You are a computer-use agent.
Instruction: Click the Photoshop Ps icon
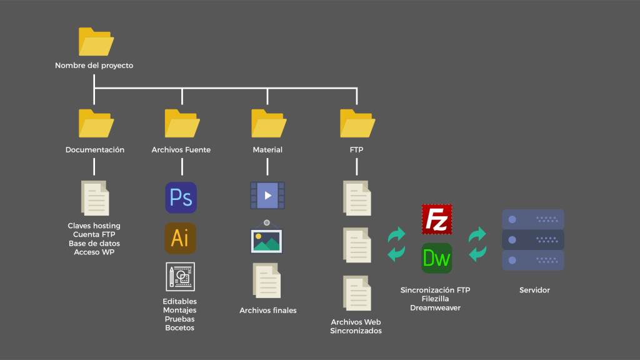(181, 197)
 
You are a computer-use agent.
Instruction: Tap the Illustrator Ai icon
(180, 238)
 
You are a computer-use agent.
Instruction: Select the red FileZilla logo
(437, 219)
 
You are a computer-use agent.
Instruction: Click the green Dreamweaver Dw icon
(437, 258)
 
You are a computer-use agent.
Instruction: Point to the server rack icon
(533, 240)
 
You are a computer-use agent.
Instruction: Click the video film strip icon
(267, 196)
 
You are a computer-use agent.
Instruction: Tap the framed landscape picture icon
(267, 237)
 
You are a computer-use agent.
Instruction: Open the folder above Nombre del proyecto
(96, 42)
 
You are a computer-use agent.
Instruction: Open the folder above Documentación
(96, 123)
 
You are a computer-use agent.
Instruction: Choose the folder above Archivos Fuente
(182, 123)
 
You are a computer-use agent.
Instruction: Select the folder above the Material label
(268, 123)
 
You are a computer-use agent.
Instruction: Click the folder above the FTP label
(357, 123)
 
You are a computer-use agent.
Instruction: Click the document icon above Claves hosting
(95, 198)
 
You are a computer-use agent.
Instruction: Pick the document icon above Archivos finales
(267, 281)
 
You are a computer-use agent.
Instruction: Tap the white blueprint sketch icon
(180, 277)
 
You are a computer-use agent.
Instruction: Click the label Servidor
(534, 291)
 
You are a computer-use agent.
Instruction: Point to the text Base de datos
(94, 243)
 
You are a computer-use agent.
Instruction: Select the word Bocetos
(179, 328)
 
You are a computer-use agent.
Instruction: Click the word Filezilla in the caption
(435, 299)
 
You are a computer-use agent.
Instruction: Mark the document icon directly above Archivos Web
(357, 292)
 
